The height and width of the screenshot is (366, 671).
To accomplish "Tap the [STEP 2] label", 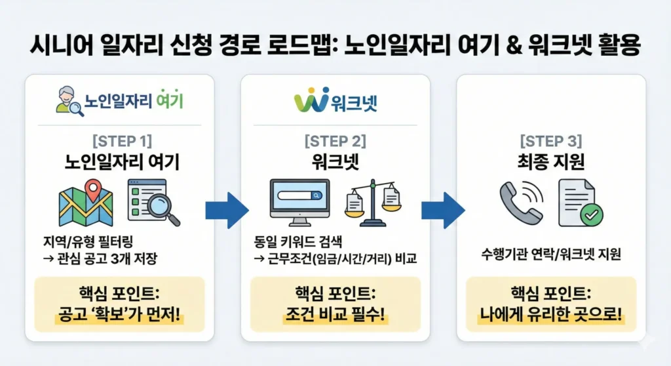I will click(335, 140).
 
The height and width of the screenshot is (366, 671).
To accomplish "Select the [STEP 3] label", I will click(551, 140).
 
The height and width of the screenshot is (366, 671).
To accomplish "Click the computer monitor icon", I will click(300, 200).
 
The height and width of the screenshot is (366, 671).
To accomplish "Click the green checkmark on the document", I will click(592, 214).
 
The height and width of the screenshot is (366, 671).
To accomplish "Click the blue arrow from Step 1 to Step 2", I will click(227, 211).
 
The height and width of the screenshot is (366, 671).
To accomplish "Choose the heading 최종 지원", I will click(551, 161).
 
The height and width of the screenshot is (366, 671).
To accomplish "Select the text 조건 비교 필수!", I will click(335, 319).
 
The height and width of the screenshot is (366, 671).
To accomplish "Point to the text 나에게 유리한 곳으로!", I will click(551, 319).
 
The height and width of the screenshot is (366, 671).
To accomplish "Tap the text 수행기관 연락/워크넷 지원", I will click(551, 254).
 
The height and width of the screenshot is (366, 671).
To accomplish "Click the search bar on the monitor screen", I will click(300, 195).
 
